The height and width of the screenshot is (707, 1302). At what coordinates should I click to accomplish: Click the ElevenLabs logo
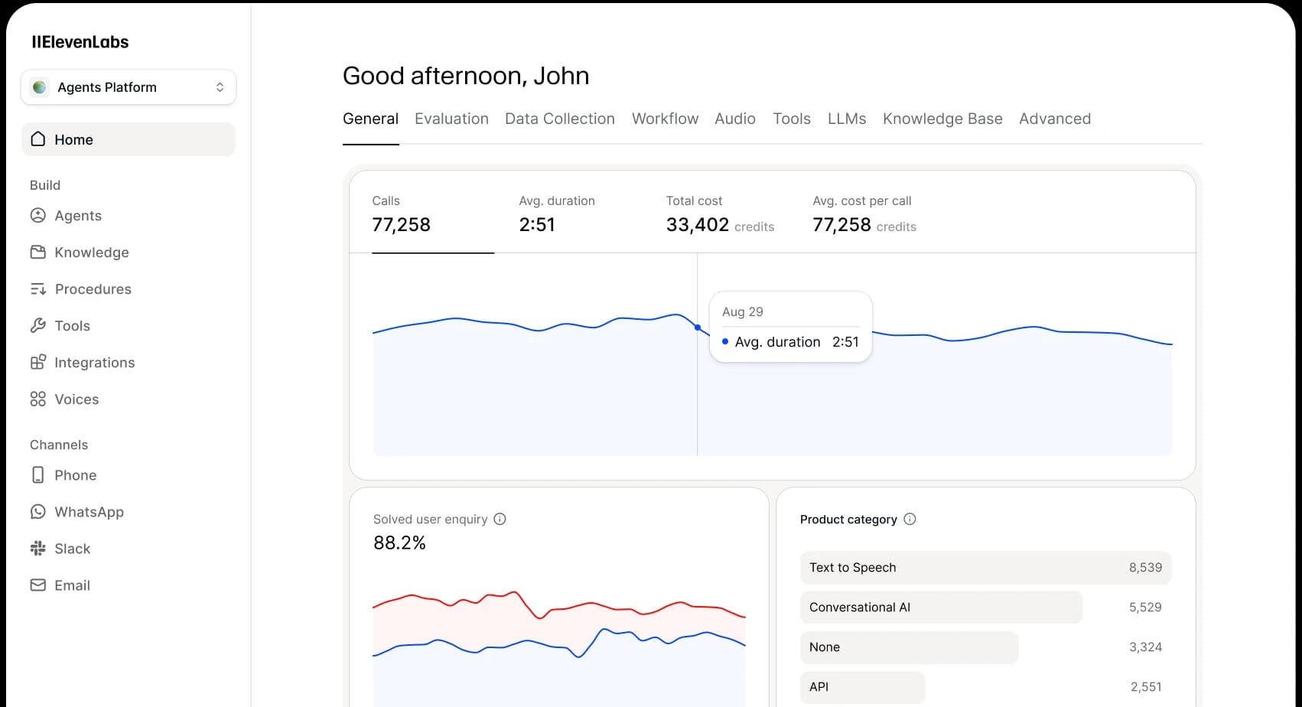click(x=80, y=42)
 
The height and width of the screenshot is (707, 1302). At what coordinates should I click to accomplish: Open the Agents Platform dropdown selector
click(x=129, y=87)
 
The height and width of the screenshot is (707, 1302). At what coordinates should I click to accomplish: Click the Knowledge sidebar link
click(x=91, y=252)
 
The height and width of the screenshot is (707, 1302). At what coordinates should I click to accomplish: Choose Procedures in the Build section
click(x=93, y=289)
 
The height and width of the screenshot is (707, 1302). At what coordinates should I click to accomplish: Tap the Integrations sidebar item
click(x=94, y=363)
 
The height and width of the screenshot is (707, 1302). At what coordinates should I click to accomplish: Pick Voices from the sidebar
click(x=76, y=399)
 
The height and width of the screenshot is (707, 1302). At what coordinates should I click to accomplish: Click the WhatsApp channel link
click(x=89, y=512)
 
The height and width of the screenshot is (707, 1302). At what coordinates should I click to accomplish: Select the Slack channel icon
click(x=38, y=549)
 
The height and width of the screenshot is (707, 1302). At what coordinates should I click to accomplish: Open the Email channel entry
click(x=72, y=585)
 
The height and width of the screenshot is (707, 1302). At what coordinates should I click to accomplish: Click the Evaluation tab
click(x=451, y=119)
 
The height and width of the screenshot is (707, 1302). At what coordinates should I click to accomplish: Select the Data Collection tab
click(x=560, y=119)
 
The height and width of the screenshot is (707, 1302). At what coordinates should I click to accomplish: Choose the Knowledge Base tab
click(x=942, y=119)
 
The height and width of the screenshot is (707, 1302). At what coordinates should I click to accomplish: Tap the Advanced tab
click(x=1055, y=119)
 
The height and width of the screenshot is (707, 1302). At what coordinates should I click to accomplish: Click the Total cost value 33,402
click(x=698, y=224)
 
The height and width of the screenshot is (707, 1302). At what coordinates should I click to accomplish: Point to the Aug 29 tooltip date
click(x=743, y=311)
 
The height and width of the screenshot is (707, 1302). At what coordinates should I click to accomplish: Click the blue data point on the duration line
click(x=698, y=327)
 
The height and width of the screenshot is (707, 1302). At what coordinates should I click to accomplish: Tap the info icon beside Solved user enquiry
click(x=500, y=519)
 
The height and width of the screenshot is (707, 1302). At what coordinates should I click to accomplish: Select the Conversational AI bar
click(x=941, y=608)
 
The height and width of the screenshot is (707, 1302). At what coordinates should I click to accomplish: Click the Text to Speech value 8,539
click(x=1145, y=568)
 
